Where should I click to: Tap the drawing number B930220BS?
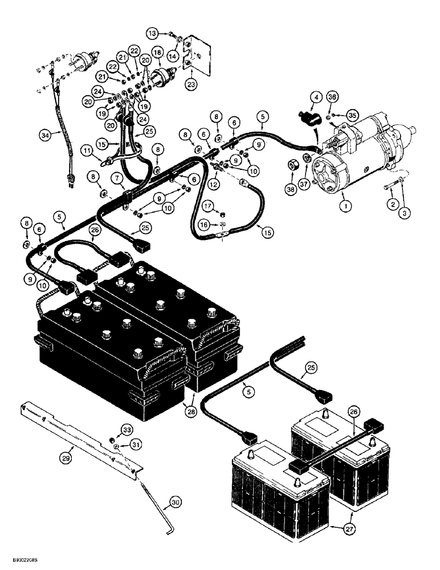(x=25, y=561)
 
